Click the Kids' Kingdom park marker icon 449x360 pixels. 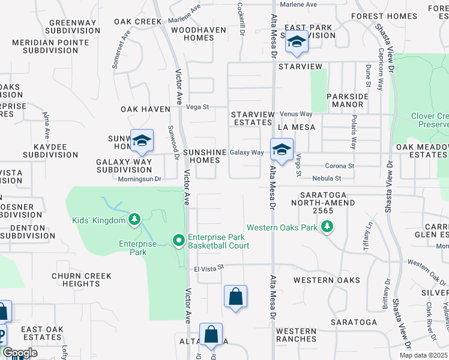coord(135,220)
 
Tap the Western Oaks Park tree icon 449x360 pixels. coord(327,227)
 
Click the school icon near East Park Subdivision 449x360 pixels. coord(297,41)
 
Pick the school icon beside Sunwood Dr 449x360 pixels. coord(142,140)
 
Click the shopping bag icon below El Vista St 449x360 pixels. coord(235,296)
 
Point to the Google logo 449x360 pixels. coord(20,353)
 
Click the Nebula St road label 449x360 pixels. coord(327,178)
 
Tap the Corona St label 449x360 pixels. coord(340,166)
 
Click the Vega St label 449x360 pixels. coord(197,107)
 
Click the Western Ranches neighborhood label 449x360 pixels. coord(296,335)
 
